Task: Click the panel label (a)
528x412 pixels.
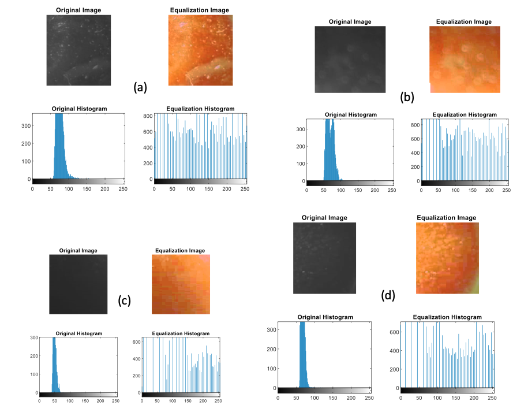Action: tap(140, 87)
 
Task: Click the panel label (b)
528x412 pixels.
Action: tap(407, 97)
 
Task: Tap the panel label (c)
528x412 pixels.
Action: tap(125, 300)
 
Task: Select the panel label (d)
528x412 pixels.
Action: tap(388, 296)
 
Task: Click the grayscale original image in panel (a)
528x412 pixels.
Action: tap(78, 50)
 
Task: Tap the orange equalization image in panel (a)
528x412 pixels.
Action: tap(200, 50)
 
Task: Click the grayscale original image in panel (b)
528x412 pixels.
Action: tap(350, 60)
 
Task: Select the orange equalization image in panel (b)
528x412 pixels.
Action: tap(465, 60)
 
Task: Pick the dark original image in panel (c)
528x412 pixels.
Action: tap(78, 285)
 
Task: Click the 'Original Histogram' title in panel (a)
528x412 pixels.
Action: tap(79, 109)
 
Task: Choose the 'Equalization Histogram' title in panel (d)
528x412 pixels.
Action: tap(447, 317)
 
